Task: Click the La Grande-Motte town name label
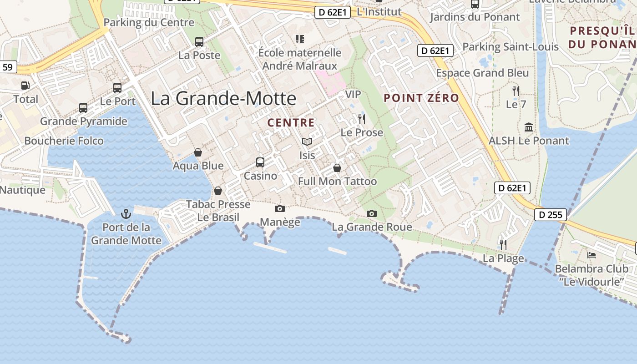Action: (223, 98)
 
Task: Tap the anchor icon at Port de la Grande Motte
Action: (126, 213)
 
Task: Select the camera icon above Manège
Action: (280, 208)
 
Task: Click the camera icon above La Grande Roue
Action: (372, 213)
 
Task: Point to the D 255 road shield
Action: (550, 215)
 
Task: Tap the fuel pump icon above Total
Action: (25, 85)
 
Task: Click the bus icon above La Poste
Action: (199, 42)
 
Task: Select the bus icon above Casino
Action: (260, 162)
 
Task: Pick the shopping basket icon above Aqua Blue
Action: (198, 152)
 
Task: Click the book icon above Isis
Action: (307, 142)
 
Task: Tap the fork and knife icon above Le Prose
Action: (362, 119)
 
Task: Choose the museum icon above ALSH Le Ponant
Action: (529, 127)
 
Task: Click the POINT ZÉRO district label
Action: (421, 98)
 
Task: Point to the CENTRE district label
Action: (291, 122)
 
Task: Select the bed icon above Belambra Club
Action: (591, 255)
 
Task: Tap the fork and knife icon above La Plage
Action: (503, 245)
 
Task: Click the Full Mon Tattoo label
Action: (337, 182)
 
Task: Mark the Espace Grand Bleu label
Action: (482, 73)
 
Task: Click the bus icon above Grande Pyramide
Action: (83, 108)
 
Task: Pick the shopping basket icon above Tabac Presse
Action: (218, 190)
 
